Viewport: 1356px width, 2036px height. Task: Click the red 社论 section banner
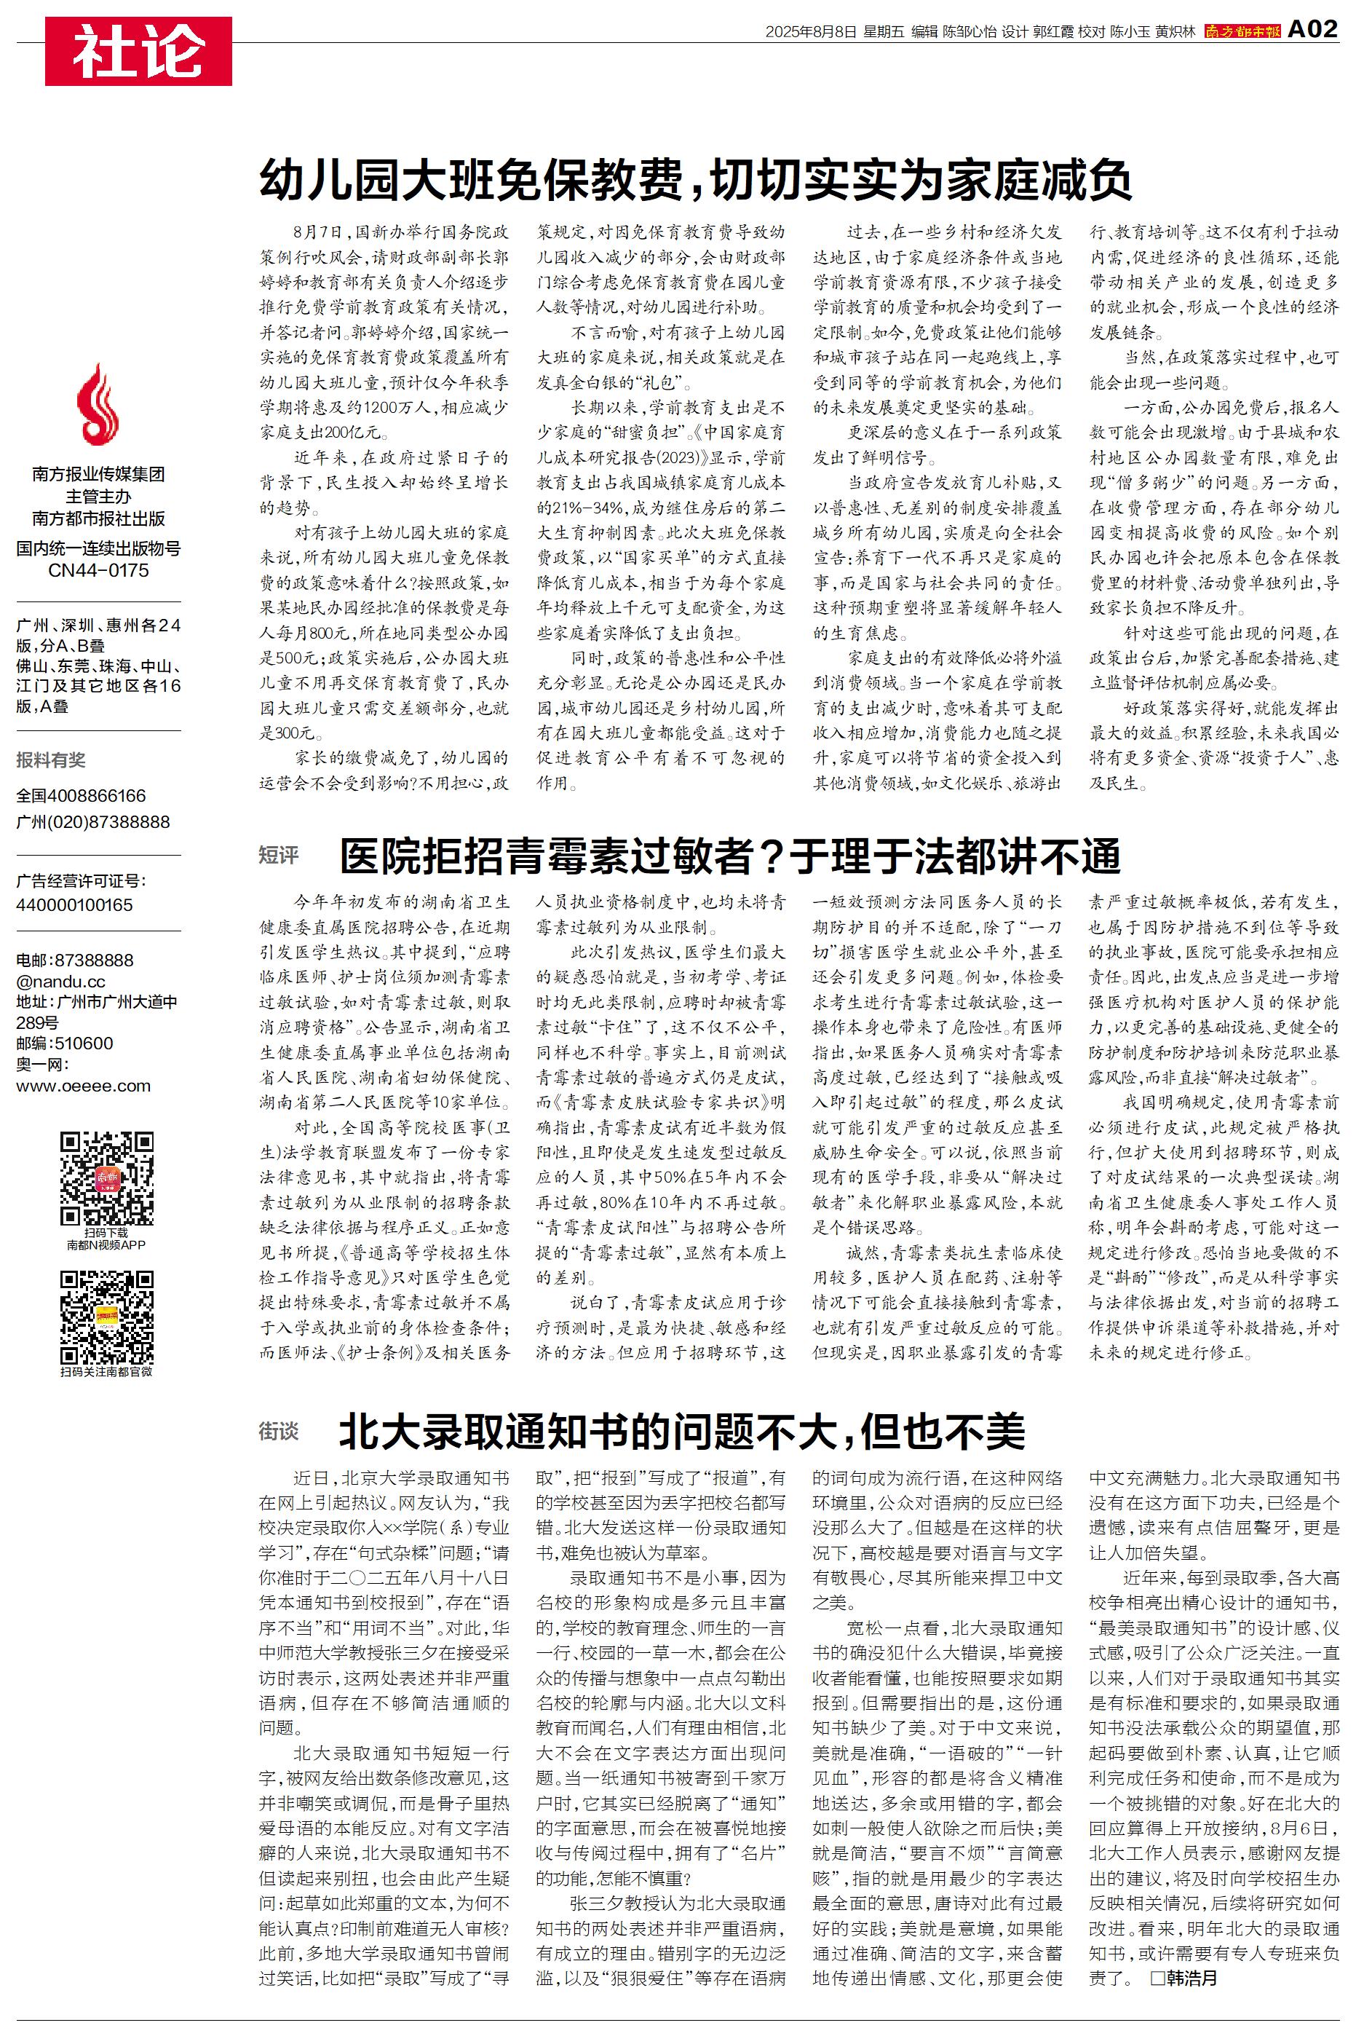138,51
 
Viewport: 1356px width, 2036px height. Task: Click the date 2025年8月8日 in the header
810,31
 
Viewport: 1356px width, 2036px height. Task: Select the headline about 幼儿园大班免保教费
695,181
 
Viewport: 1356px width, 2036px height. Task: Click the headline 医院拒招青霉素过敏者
730,856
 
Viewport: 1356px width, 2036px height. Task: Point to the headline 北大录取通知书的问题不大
681,1431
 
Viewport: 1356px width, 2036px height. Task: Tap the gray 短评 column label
279,856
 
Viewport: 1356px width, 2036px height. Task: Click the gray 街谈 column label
279,1432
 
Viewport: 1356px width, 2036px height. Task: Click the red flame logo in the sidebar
98,405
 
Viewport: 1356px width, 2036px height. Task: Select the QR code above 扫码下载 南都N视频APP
107,1177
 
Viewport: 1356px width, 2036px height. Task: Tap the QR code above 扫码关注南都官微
107,1317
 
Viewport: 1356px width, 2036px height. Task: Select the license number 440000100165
74,904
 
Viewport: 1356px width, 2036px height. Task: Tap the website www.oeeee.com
83,1086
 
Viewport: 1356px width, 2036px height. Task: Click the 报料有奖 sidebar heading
51,760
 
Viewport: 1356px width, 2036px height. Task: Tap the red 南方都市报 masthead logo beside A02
1242,31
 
